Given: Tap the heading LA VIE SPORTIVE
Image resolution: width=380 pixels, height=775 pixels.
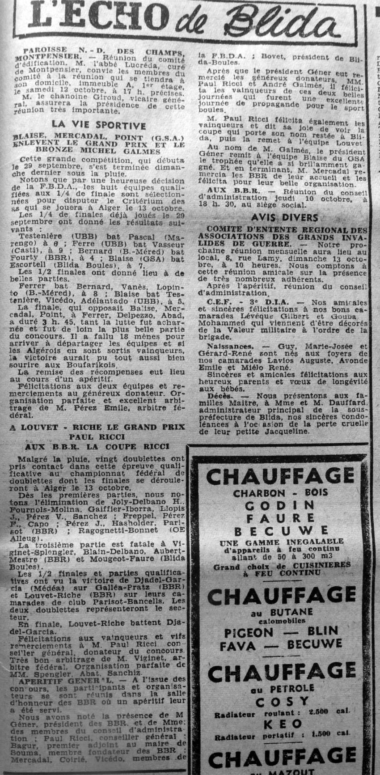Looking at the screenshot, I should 98,125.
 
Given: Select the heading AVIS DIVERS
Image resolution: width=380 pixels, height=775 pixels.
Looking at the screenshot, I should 284,218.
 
